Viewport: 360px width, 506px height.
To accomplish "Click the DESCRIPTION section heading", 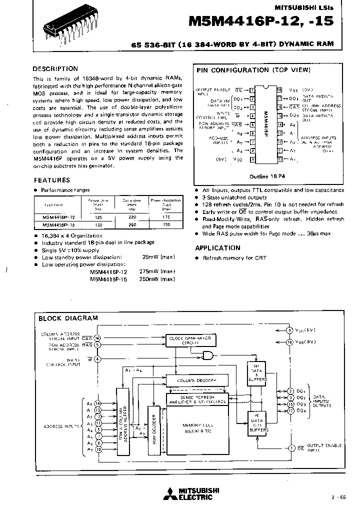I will [x=55, y=69].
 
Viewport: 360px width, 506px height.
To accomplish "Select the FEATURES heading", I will [x=51, y=180].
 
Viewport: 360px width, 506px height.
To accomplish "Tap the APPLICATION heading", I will [x=217, y=248].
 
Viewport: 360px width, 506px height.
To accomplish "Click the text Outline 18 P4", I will [x=266, y=176].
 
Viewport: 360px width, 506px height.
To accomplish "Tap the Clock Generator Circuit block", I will [x=190, y=340].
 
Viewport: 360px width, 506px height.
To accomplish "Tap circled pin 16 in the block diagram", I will [x=98, y=338].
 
